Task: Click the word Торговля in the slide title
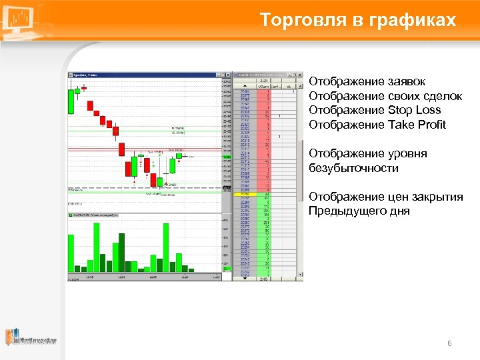tap(295, 20)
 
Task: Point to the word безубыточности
tap(353, 168)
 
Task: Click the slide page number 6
tap(449, 343)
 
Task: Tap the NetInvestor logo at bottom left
tap(31, 338)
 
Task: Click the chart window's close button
tap(229, 75)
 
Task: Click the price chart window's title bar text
tap(83, 75)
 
